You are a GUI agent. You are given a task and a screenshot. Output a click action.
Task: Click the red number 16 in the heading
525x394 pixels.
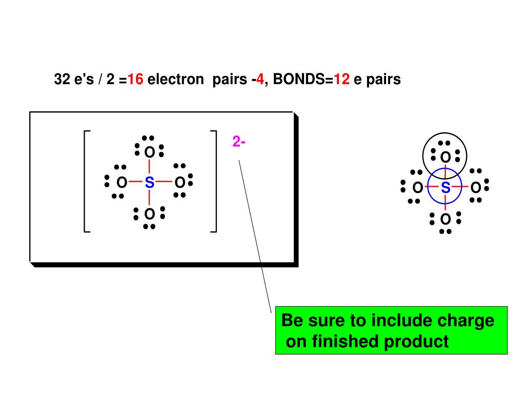(136, 80)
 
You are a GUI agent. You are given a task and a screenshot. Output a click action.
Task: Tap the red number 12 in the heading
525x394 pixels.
(341, 80)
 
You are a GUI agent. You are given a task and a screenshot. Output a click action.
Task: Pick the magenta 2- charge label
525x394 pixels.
(238, 142)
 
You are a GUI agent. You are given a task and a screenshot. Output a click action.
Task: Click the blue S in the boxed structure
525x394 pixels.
(149, 182)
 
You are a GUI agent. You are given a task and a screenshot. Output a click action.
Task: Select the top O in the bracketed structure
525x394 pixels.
(149, 152)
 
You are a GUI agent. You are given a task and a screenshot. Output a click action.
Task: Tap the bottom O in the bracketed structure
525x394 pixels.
(149, 213)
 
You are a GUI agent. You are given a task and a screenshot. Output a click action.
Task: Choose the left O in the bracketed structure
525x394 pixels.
(122, 182)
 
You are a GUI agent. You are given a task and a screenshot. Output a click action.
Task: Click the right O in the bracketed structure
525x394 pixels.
(179, 182)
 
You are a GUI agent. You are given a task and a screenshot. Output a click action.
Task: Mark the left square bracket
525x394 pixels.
(86, 182)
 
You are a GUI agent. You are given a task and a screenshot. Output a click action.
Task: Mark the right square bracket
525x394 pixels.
(214, 182)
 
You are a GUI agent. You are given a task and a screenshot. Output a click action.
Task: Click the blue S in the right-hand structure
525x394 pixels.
(446, 188)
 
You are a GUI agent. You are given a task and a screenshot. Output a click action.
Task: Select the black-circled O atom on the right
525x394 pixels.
(445, 156)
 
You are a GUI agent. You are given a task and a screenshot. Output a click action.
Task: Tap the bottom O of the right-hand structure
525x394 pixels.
(445, 220)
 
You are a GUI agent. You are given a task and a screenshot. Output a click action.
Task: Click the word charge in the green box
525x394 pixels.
(466, 321)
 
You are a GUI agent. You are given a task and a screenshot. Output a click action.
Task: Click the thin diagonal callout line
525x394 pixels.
(255, 236)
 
